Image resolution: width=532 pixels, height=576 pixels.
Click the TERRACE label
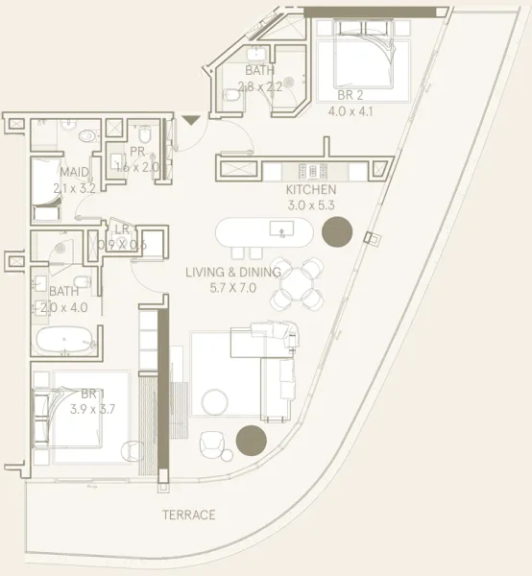(x=188, y=515)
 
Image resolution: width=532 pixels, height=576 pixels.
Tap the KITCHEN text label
(x=311, y=190)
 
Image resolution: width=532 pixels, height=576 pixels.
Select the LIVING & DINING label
(x=233, y=272)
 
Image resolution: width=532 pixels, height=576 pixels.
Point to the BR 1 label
(x=91, y=394)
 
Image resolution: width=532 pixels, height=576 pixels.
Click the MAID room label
(x=73, y=173)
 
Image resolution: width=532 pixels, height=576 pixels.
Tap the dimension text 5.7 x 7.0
(x=233, y=286)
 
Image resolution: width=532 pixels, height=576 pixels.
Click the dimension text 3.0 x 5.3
(x=311, y=204)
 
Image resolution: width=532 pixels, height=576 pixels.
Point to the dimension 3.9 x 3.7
(x=92, y=408)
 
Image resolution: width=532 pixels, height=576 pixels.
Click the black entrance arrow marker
(x=190, y=120)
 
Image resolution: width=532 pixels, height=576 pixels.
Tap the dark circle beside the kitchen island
(x=336, y=231)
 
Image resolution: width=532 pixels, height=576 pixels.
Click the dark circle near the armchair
(x=251, y=441)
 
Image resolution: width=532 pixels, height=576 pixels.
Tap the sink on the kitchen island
(x=282, y=230)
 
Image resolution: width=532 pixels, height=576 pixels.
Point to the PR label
(x=137, y=152)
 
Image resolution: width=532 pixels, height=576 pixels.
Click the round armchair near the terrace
(x=213, y=444)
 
